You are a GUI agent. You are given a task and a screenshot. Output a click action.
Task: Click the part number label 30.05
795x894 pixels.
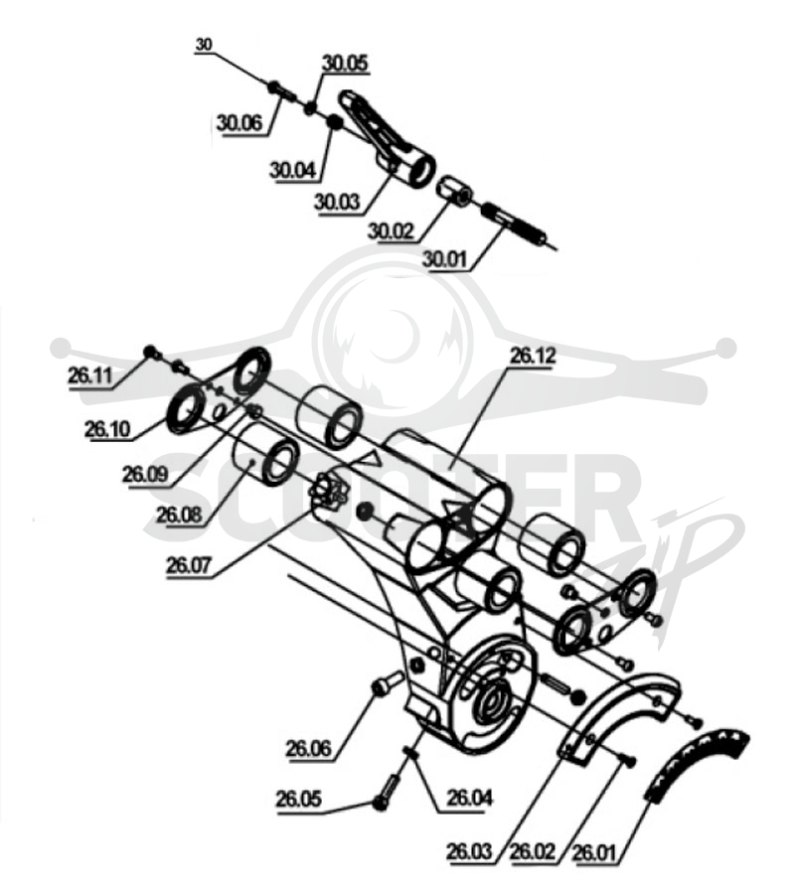345,64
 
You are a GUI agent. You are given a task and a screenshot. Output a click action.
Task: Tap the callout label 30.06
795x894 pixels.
238,122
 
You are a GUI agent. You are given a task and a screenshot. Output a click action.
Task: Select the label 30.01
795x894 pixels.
444,259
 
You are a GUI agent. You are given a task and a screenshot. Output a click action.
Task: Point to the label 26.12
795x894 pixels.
532,357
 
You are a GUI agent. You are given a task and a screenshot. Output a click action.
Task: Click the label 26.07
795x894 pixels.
189,565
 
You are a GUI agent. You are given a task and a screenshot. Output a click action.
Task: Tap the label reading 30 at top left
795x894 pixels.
204,45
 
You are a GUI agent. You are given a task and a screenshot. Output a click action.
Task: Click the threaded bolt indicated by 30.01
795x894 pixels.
515,224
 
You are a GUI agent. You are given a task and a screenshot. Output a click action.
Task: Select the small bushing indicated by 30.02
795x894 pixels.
453,191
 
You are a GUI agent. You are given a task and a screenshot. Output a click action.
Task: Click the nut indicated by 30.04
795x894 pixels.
334,122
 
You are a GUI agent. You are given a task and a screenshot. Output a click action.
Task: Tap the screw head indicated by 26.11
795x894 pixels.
151,353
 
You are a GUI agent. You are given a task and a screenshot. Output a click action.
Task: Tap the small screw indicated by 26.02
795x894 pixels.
628,761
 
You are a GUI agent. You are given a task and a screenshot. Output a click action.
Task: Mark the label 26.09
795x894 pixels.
145,474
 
